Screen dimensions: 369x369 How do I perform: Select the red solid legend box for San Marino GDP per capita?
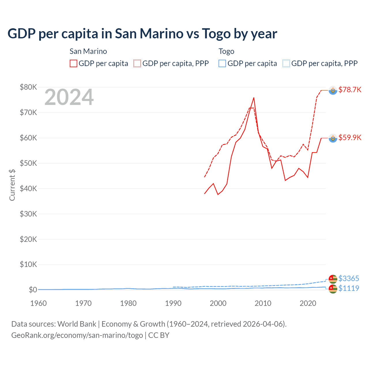pos(74,63)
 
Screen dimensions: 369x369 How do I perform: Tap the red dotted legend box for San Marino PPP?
pos(137,63)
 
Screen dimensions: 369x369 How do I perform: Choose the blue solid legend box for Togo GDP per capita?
pos(222,63)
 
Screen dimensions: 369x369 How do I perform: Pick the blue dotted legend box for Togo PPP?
pos(286,63)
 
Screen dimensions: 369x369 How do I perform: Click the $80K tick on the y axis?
pos(28,87)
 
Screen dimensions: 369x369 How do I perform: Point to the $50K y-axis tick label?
pos(28,163)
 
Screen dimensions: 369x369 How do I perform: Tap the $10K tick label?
pos(28,264)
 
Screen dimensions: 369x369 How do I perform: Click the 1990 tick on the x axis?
pos(173,303)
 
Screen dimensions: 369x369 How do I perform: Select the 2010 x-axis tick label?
pos(263,303)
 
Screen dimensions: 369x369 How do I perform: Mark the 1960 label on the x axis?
pos(38,303)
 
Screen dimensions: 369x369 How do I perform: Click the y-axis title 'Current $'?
pos(12,185)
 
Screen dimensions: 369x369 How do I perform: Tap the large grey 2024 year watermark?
pos(69,97)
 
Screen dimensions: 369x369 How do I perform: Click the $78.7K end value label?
pos(350,90)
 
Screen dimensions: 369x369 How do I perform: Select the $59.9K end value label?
pos(350,138)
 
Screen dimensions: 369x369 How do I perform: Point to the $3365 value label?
pos(349,278)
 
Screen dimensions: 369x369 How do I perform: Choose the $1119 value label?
pos(349,288)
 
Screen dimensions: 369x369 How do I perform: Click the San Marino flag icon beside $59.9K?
pos(333,138)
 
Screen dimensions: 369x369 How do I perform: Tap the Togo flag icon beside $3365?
pos(333,279)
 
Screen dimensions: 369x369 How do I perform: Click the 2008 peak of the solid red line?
pos(254,98)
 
